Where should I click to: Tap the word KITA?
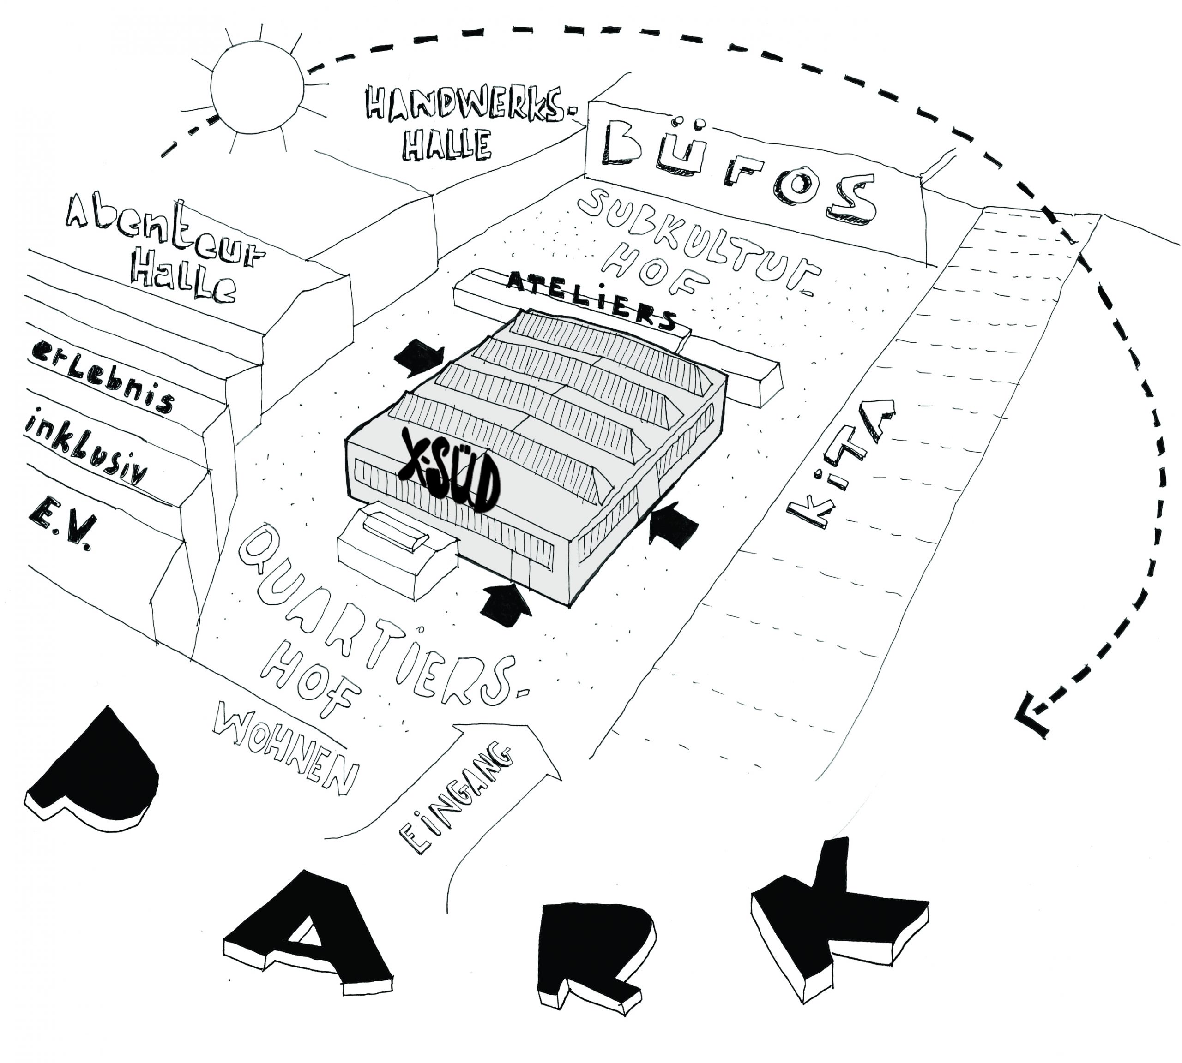pos(842,461)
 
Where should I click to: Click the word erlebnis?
pos(103,377)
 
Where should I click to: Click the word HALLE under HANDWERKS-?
pos(447,146)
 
